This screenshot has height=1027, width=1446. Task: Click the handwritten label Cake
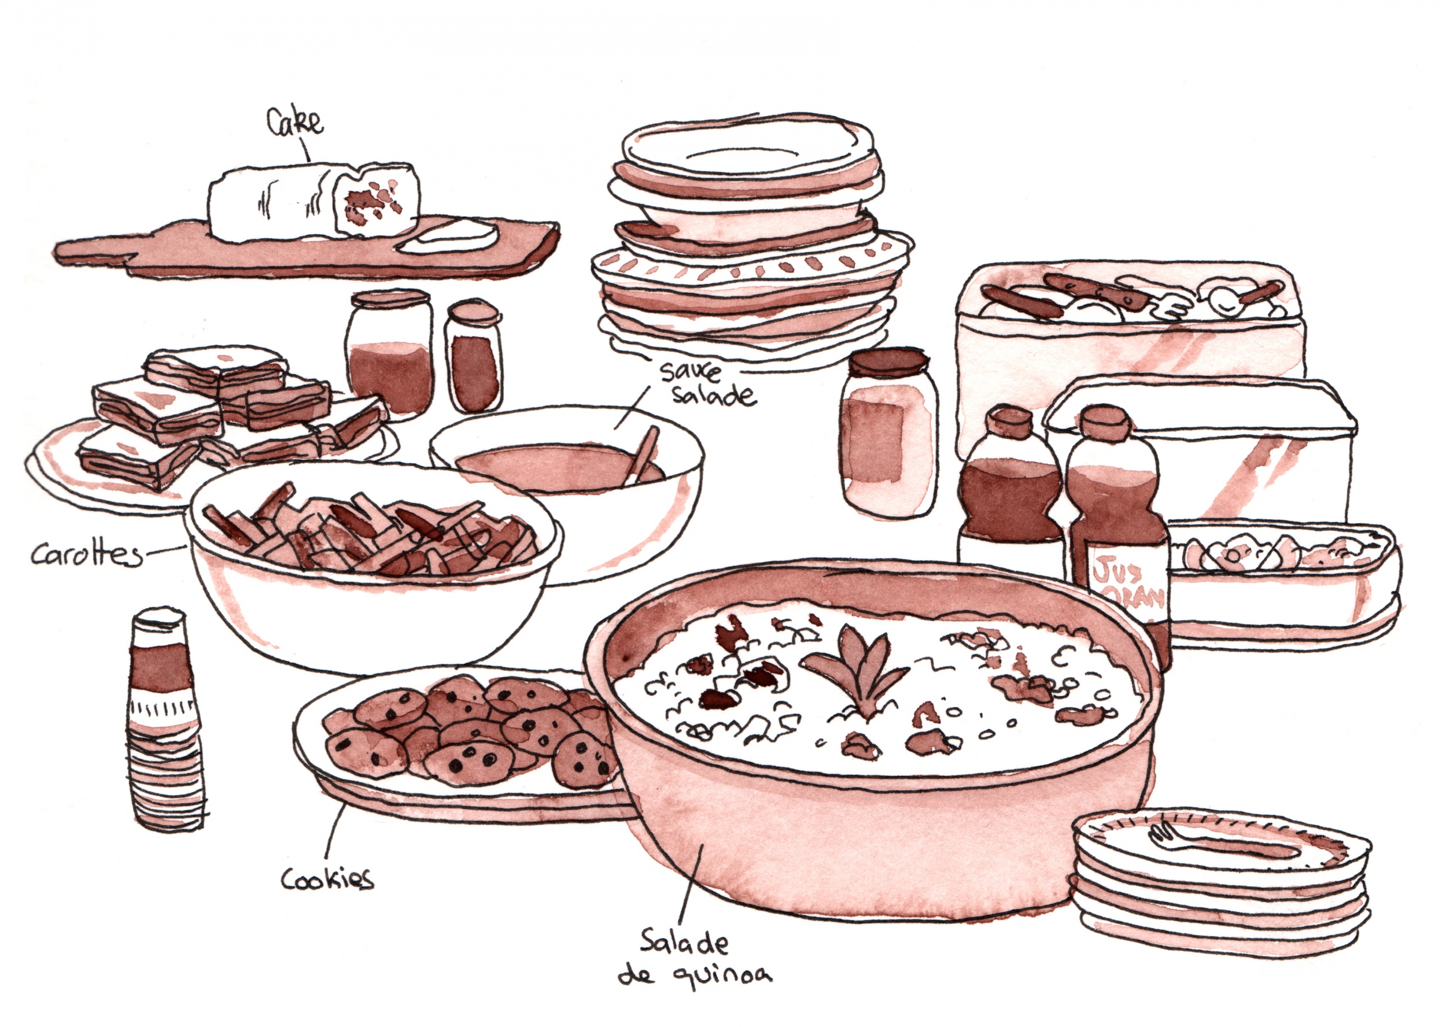295,123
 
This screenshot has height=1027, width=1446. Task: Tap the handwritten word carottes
87,555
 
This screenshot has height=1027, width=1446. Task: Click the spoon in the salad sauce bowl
642,454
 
